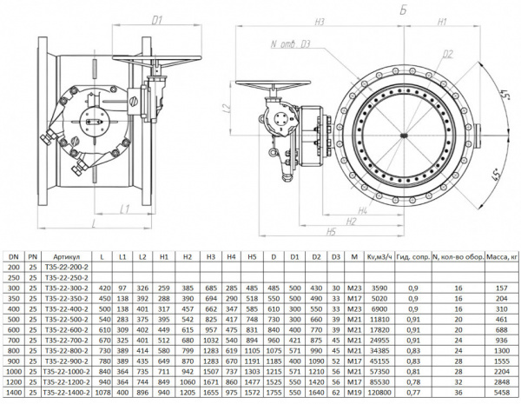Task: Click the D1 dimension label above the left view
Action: [158, 18]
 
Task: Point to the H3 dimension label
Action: [320, 18]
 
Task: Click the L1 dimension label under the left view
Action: [125, 209]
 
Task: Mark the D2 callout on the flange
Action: [447, 54]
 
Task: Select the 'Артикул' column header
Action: [66, 257]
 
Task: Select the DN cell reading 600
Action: [13, 330]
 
